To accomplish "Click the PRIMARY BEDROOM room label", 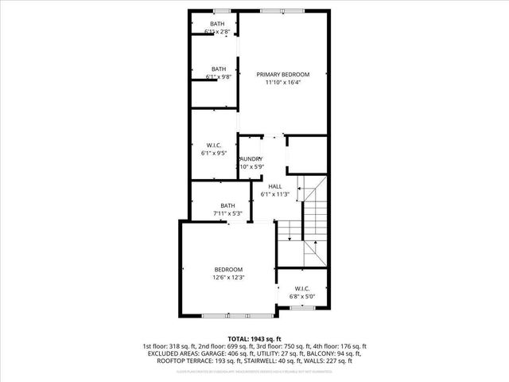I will [282, 74].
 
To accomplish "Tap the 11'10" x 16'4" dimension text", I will [282, 82].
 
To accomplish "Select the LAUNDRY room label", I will [251, 159].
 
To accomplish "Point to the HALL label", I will [275, 186].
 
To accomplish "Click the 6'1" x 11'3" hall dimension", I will [275, 194].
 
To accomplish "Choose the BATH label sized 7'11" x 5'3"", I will [227, 206].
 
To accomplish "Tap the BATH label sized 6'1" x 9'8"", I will [219, 68].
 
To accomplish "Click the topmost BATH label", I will [217, 24].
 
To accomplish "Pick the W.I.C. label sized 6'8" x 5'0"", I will [302, 288].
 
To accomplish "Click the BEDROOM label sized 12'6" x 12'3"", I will [228, 270].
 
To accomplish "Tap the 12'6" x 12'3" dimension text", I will [228, 278].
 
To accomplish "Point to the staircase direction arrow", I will [316, 247].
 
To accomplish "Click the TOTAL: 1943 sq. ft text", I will [254, 338].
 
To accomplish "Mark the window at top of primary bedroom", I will [282, 10].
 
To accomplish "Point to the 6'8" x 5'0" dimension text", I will [302, 296].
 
